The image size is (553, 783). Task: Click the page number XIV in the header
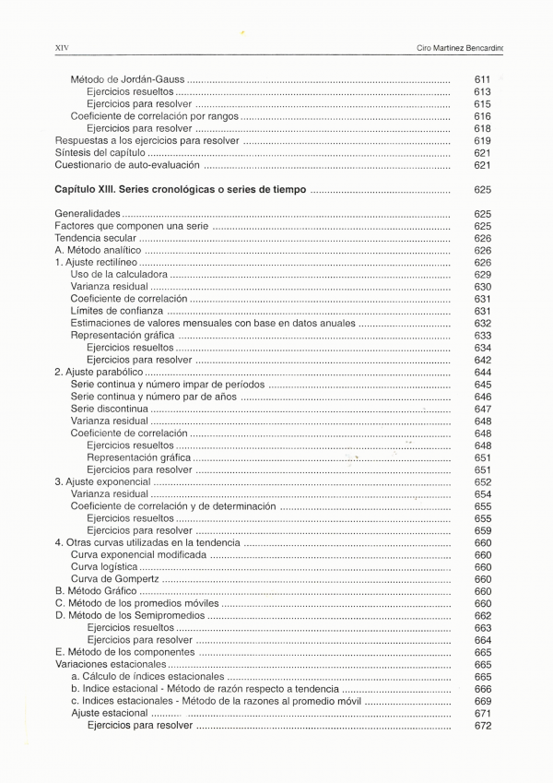62,46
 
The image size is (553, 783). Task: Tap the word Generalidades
88,214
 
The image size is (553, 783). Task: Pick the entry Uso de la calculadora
119,275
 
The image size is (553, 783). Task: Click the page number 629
482,275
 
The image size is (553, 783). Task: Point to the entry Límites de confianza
116,311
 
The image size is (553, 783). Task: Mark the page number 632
482,324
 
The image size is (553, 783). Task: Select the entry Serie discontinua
109,409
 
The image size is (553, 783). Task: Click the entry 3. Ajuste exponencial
102,481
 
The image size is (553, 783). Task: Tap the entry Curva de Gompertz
114,579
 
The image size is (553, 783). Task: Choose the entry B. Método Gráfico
96,591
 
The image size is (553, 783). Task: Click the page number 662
482,616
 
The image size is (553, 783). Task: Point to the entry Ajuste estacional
109,713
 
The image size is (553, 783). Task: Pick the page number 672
482,726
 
